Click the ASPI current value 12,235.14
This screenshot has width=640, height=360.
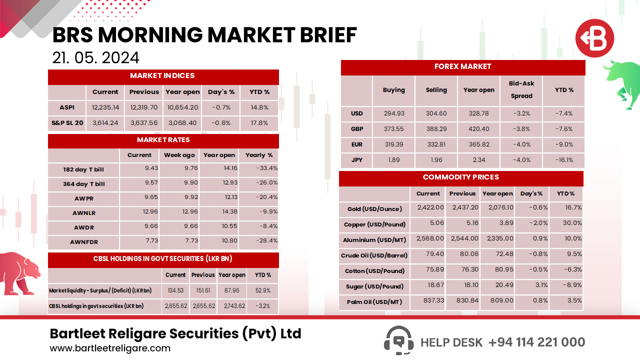pos(105,107)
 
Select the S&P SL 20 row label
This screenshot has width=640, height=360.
pos(67,123)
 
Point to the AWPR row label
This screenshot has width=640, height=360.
pos(83,198)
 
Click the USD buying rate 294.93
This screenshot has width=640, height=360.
pos(393,113)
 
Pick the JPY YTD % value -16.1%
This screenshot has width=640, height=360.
pos(563,160)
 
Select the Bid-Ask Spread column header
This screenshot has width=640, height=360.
pos(521,90)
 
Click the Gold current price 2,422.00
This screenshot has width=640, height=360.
pos(430,207)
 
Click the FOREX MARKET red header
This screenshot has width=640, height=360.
pos(462,67)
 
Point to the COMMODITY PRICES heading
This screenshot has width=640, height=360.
pos(460,177)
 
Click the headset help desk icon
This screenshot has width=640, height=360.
pos(398,340)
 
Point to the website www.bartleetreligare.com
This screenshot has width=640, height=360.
pos(110,348)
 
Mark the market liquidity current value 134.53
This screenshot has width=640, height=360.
pos(175,290)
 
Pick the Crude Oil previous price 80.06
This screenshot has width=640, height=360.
pos(462,255)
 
